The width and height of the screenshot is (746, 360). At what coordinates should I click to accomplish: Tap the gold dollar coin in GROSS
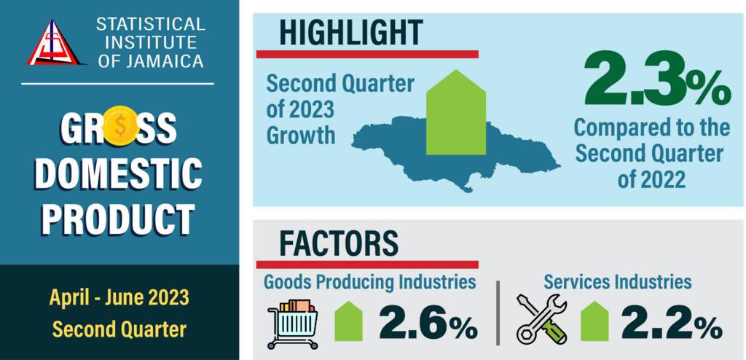click(119, 125)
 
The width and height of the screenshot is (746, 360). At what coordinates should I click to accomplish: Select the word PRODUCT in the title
click(119, 219)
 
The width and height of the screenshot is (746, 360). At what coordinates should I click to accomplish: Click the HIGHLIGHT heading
click(350, 33)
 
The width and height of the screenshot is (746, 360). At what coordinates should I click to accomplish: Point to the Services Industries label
click(617, 281)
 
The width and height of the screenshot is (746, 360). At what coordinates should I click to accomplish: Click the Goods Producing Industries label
click(370, 281)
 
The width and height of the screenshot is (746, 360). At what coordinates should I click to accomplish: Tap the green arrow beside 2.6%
click(348, 321)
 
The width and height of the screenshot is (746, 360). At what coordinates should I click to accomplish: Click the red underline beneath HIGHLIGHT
click(367, 54)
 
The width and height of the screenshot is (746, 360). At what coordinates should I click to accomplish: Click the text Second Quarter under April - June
click(119, 329)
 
